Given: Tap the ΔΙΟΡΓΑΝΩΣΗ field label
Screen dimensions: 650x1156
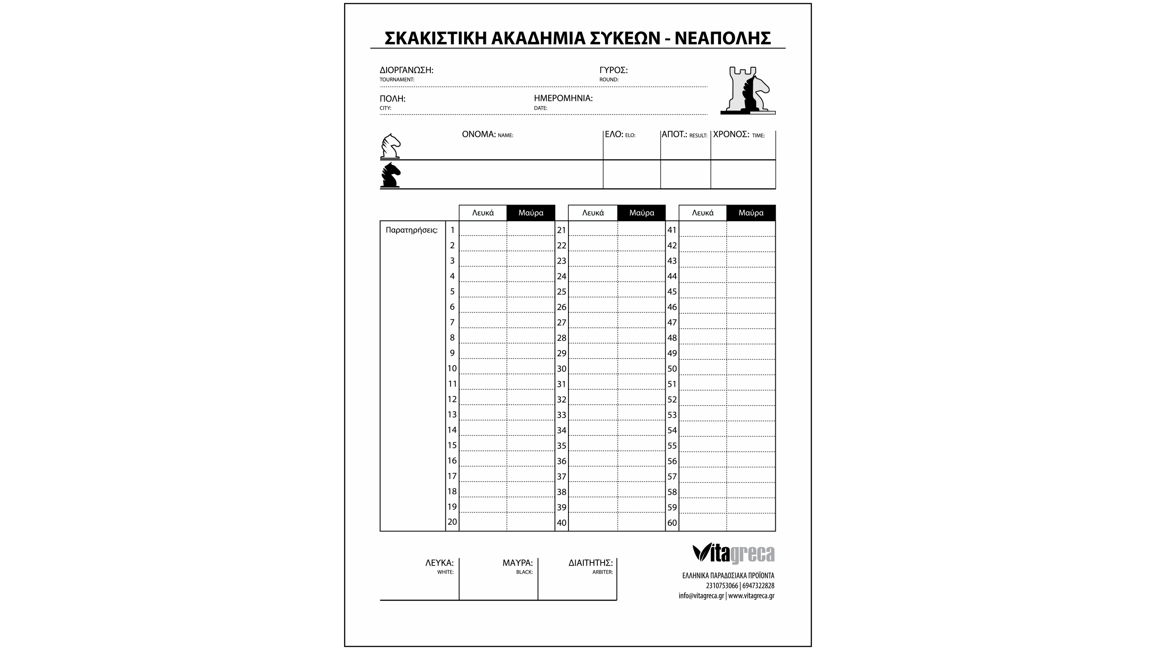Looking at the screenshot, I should [406, 70].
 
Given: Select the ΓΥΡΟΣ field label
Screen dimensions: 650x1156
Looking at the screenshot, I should [613, 70].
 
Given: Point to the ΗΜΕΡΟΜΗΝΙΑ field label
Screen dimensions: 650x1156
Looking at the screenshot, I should [563, 98].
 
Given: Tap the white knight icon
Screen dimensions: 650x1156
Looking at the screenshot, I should [390, 146].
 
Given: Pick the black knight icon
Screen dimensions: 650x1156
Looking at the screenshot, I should [390, 175].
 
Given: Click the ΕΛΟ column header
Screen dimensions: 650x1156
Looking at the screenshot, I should [614, 135].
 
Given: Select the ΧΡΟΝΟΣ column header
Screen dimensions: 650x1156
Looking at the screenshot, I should [731, 135].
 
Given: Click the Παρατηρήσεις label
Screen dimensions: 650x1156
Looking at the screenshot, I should [411, 230].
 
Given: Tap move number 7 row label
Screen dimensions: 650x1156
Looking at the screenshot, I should [452, 322].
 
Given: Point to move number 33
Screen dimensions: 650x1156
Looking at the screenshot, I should [561, 415].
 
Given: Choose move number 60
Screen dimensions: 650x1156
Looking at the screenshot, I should [672, 523].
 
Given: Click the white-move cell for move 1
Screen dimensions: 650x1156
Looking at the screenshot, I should [483, 229].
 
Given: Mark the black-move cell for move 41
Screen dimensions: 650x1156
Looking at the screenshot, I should [750, 229].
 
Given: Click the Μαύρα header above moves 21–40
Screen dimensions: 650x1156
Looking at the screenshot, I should [641, 213].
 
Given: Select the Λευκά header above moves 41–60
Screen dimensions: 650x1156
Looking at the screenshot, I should [703, 213].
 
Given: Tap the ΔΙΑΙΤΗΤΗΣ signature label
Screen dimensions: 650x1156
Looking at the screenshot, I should [590, 563].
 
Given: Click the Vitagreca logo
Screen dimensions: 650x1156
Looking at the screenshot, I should [733, 553].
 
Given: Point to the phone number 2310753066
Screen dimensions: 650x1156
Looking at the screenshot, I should [722, 586].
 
